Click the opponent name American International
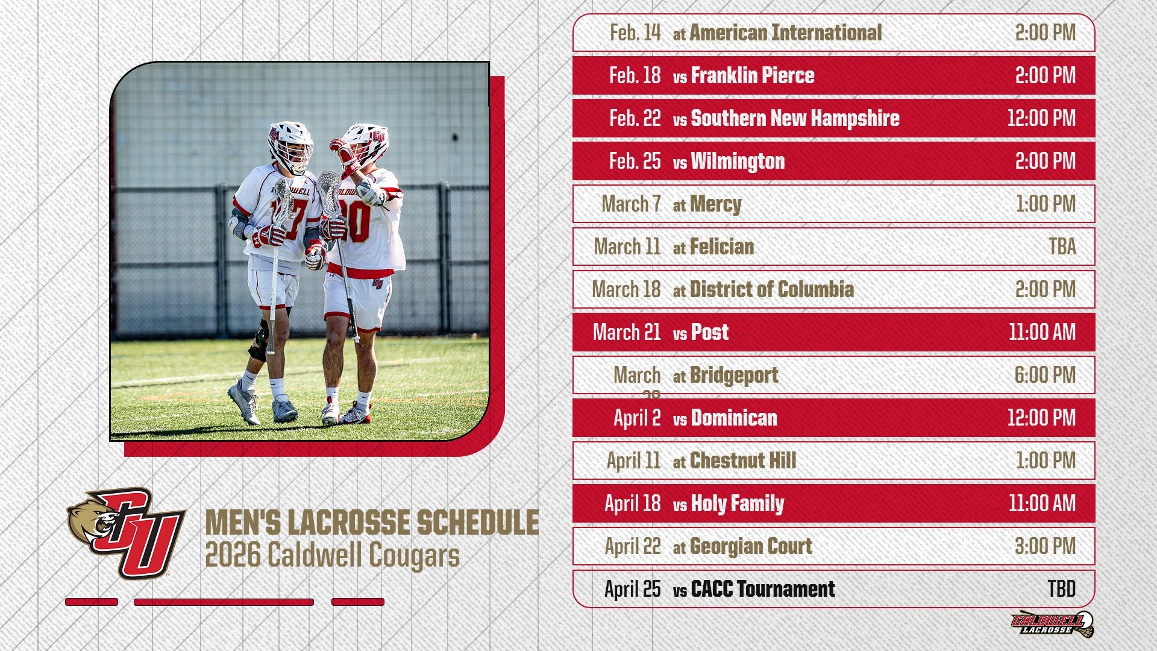pyautogui.click(x=785, y=33)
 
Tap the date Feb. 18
pyautogui.click(x=635, y=75)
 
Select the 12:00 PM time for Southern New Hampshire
pyautogui.click(x=1041, y=118)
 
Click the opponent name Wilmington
pyautogui.click(x=738, y=161)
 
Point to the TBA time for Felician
pyautogui.click(x=1062, y=247)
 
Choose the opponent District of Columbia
pyautogui.click(x=771, y=289)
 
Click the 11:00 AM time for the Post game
pyautogui.click(x=1042, y=332)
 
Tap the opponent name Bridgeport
pyautogui.click(x=734, y=375)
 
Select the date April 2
pyautogui.click(x=637, y=418)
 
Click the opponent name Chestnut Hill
pyautogui.click(x=742, y=461)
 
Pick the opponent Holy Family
pyautogui.click(x=737, y=503)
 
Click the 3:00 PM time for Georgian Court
pyautogui.click(x=1045, y=546)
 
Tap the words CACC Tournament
pyautogui.click(x=762, y=589)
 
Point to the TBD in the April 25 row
pyautogui.click(x=1061, y=589)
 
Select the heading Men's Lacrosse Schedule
pyautogui.click(x=372, y=522)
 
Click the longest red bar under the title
pyautogui.click(x=224, y=602)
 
